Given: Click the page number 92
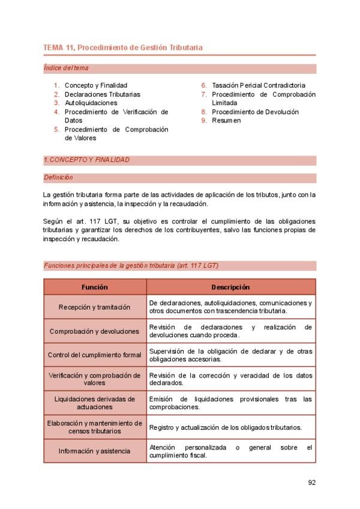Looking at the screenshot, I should coord(311,482).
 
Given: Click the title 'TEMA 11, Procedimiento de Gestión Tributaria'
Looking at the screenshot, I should coord(123,47).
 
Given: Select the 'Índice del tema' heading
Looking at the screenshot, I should coord(66,68).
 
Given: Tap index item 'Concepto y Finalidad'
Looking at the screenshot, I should coord(96,85).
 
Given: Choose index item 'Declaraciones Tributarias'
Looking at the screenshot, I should coord(103,94).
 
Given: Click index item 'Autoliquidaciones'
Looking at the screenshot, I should coord(91,103).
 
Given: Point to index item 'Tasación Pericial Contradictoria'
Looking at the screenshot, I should coord(259,85).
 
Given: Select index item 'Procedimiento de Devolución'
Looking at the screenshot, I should coord(255,112).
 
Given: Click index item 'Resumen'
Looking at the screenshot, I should coord(226,120).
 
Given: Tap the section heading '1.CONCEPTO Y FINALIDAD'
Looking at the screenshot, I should coord(87,160).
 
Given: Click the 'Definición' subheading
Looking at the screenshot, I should coord(58,178).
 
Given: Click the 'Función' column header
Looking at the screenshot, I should coord(95,288).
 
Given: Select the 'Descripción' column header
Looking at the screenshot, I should coord(231,288).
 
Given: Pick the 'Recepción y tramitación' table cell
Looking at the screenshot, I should coord(95,307).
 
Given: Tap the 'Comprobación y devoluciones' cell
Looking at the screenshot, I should coord(95,331).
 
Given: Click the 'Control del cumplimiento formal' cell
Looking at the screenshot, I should coord(95,355).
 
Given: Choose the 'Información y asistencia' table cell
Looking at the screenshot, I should coord(95,451).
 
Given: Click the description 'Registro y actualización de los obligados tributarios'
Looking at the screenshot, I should coord(225,427).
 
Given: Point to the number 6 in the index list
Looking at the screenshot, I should coord(205,85).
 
